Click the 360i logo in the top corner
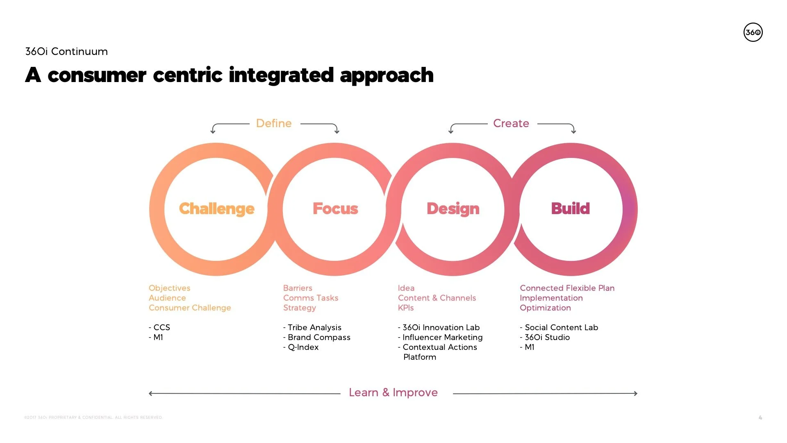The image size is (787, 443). pyautogui.click(x=753, y=32)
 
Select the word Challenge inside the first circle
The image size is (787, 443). pyautogui.click(x=217, y=209)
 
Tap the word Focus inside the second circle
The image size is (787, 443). pyautogui.click(x=335, y=209)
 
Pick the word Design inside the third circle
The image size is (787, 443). pyautogui.click(x=453, y=209)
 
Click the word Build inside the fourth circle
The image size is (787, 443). pyautogui.click(x=570, y=209)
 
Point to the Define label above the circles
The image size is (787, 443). pyautogui.click(x=274, y=123)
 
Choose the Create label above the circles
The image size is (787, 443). pyautogui.click(x=511, y=123)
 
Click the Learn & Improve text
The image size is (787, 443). pyautogui.click(x=393, y=393)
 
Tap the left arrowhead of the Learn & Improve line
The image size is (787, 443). pyautogui.click(x=151, y=393)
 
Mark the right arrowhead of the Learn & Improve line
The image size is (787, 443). pyautogui.click(x=636, y=393)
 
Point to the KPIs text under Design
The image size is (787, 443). pyautogui.click(x=406, y=308)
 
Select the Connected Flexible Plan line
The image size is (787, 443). pyautogui.click(x=567, y=288)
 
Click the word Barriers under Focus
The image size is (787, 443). pyautogui.click(x=298, y=288)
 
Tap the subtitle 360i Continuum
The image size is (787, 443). pyautogui.click(x=66, y=52)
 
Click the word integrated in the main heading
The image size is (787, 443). pyautogui.click(x=281, y=75)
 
